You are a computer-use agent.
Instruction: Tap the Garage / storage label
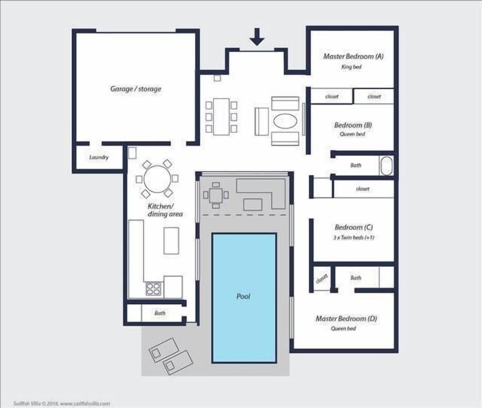136,89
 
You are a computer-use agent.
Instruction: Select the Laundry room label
99,157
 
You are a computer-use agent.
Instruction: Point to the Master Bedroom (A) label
353,56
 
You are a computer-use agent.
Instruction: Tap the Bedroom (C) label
353,228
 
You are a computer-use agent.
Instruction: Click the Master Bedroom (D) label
346,319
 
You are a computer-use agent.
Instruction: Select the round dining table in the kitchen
157,178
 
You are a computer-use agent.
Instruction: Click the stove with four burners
154,288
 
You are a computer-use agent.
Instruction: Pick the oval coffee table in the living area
285,121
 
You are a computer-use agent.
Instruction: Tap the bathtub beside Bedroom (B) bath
386,166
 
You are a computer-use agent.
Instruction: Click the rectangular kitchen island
171,240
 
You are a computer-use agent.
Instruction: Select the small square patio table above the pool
215,194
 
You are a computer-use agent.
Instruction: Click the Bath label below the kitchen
160,313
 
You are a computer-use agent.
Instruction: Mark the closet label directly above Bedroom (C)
363,189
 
